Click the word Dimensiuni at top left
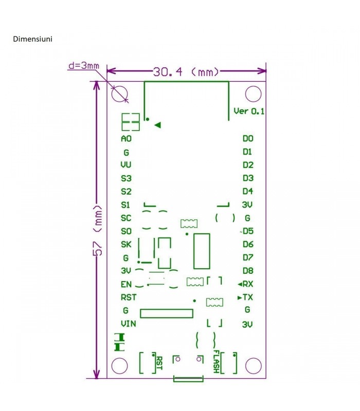32,39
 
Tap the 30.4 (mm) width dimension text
186,72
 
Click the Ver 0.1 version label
249,111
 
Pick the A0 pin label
126,139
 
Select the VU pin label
126,165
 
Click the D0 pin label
247,139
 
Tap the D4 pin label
247,191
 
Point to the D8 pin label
247,270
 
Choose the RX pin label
247,284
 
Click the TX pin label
247,297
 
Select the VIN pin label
129,324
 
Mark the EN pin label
126,284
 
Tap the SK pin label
126,244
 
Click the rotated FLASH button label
217,362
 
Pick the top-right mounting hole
253,94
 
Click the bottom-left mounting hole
119,365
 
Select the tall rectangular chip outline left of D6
202,251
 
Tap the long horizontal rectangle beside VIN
167,313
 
